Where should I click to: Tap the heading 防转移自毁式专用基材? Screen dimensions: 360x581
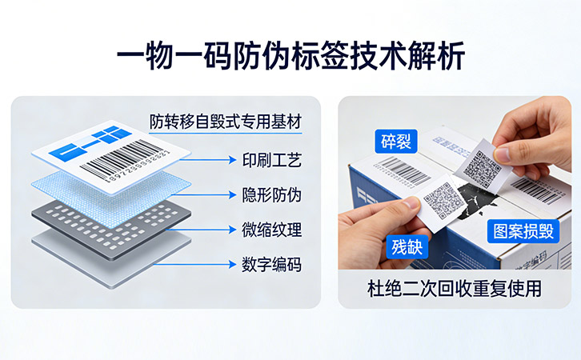tap(226, 122)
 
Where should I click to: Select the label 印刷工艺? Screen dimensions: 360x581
tap(271, 161)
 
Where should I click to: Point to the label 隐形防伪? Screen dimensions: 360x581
tap(271, 195)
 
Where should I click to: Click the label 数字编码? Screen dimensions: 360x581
tap(271, 264)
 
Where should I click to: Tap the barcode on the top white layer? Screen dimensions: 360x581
tap(128, 159)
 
